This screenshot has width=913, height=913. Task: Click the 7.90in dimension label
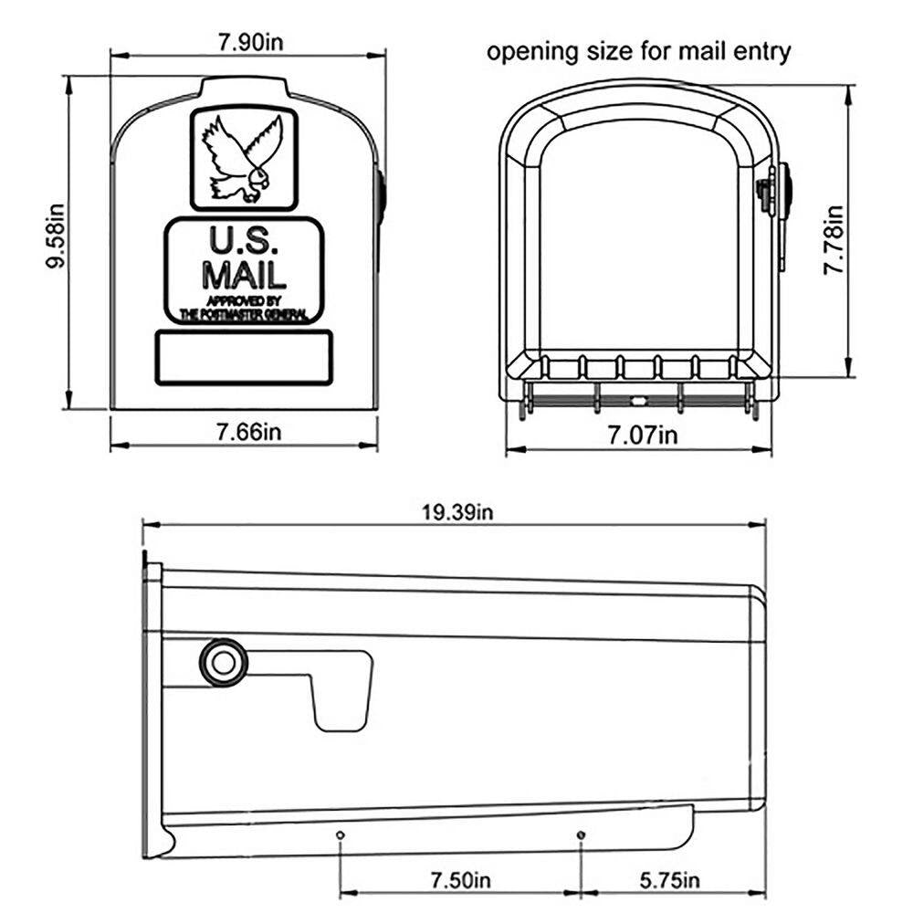(243, 42)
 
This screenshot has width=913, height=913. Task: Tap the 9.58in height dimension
(57, 241)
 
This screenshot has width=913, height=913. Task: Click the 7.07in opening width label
(643, 435)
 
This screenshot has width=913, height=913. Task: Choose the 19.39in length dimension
(457, 512)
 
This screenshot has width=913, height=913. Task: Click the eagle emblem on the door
(243, 159)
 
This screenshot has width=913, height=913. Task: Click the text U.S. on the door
(241, 241)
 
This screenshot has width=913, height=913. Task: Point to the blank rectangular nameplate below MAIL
(243, 357)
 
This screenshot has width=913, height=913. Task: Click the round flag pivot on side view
(223, 662)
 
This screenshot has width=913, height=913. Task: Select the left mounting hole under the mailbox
(340, 834)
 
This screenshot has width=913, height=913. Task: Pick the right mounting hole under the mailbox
(582, 834)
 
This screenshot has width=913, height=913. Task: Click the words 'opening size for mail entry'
(638, 52)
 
